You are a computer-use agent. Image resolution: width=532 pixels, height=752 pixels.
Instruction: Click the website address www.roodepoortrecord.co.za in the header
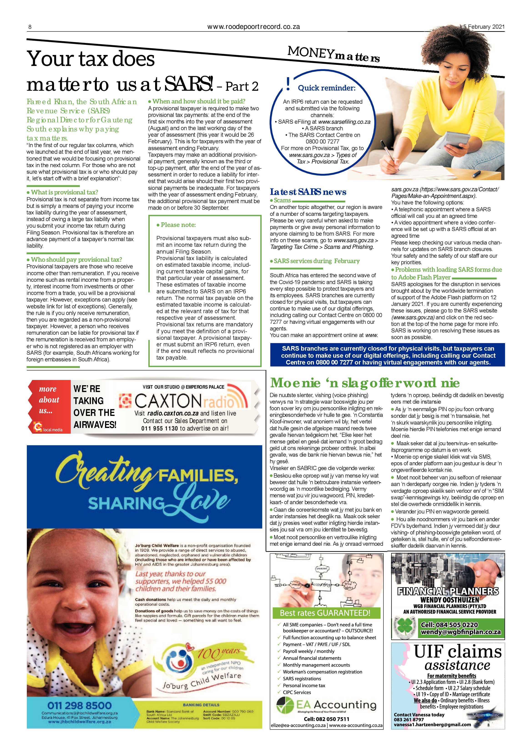pos(254,27)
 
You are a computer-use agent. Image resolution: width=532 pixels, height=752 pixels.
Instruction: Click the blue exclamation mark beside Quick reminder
pos(288,85)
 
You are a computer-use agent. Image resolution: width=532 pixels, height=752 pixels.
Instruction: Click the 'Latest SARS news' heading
pos(308,192)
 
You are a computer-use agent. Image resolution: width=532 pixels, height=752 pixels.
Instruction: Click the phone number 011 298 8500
pos(79,705)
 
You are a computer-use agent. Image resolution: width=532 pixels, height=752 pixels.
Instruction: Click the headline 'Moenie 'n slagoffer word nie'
pos(365,382)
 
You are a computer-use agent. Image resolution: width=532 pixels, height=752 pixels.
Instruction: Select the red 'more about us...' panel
pos(49,406)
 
